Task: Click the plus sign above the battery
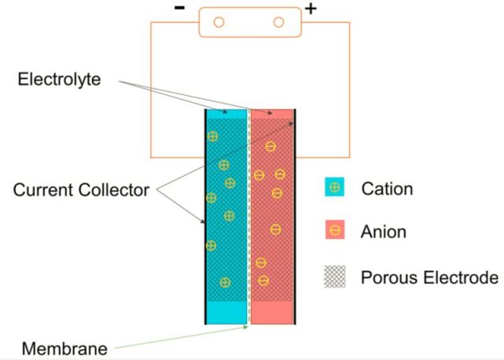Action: coord(311,9)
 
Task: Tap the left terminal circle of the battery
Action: coord(219,22)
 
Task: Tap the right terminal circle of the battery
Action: coord(278,22)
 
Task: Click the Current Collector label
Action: coord(81,189)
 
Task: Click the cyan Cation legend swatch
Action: coord(335,189)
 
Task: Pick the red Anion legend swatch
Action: coord(335,231)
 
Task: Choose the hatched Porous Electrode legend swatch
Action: coord(335,277)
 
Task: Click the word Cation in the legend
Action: coord(387,189)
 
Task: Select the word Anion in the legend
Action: coord(384,232)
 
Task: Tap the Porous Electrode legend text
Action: coord(429,277)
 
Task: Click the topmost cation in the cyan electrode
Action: coord(212,137)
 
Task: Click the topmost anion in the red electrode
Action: coord(270,146)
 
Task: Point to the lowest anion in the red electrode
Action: coord(263,281)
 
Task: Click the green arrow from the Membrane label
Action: coord(181,338)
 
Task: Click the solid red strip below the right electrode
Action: coord(272,312)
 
